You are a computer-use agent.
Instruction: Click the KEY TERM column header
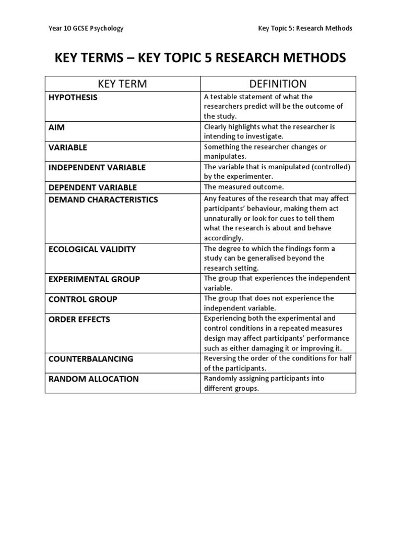tap(122, 84)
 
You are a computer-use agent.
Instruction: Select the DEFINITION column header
tap(278, 84)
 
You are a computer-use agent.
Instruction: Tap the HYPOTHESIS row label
tap(73, 97)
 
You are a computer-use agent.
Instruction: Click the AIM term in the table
tap(57, 127)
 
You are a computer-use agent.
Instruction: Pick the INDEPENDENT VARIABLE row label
tap(97, 168)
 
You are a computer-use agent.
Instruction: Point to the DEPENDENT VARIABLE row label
tap(92, 188)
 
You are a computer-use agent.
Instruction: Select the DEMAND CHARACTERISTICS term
tap(103, 200)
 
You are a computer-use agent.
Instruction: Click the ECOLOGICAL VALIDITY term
tap(92, 249)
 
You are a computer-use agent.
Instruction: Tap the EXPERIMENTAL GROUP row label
tap(94, 280)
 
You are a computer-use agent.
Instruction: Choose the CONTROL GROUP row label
tap(82, 299)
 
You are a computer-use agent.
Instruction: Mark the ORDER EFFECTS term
tap(79, 319)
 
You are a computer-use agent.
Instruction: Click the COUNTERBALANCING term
tap(91, 359)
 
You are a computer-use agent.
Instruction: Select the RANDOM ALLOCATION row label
tap(93, 379)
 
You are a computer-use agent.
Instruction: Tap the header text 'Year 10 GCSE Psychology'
tap(86, 28)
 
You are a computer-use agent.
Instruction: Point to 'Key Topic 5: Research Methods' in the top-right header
tap(305, 28)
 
